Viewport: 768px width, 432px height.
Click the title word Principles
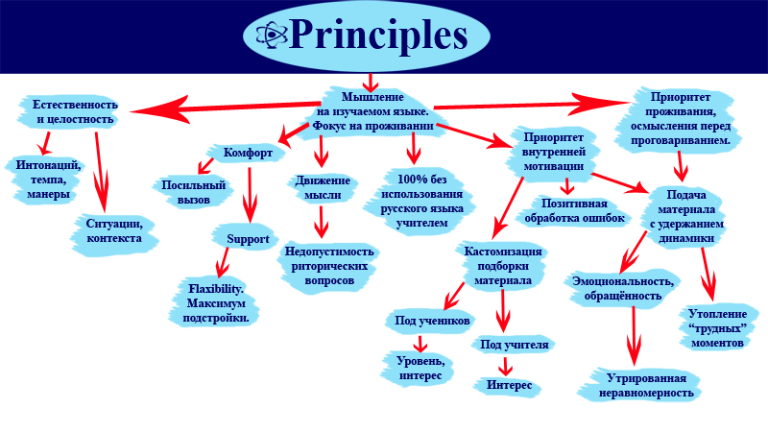[377, 36]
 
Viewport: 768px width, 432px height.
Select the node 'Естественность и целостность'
[75, 111]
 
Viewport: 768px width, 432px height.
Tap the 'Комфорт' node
[249, 153]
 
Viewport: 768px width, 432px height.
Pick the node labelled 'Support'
[247, 239]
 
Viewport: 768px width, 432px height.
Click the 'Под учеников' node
[429, 320]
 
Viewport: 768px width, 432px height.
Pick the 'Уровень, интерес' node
[419, 368]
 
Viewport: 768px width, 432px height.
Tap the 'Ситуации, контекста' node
[114, 230]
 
